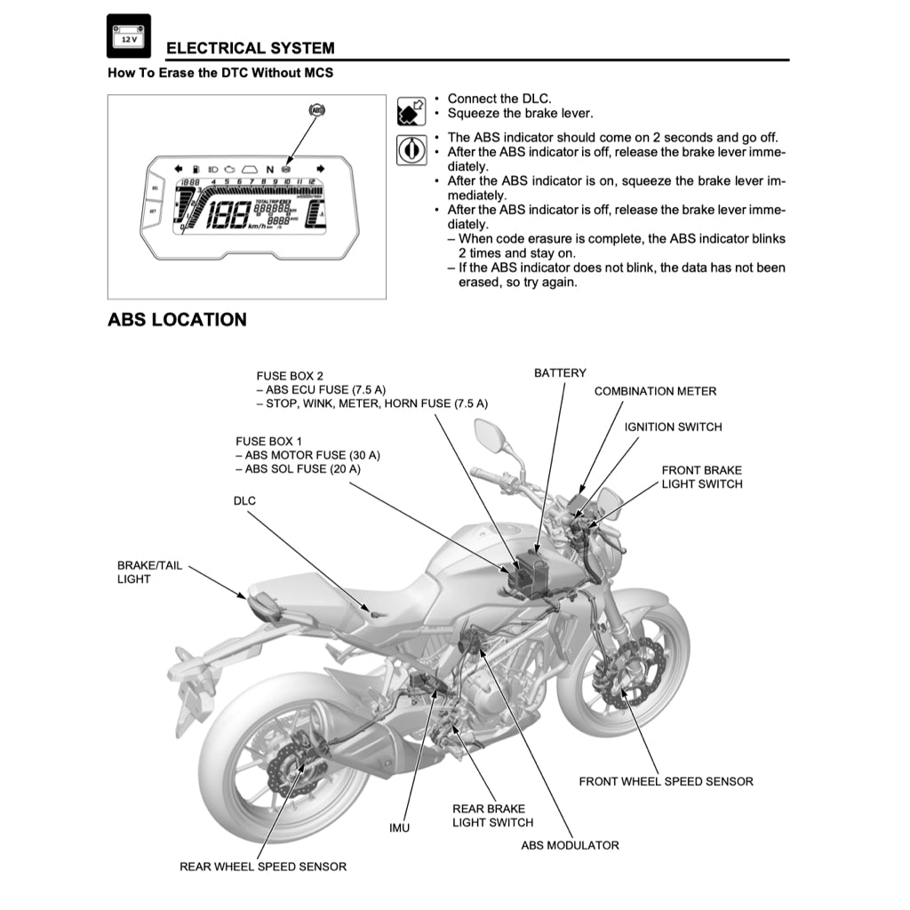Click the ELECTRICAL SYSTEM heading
[251, 48]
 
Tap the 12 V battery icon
[129, 36]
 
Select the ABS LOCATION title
[177, 319]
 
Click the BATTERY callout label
[560, 373]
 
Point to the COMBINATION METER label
[655, 391]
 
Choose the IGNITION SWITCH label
[673, 427]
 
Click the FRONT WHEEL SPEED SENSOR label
[666, 782]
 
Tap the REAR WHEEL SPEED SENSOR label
[263, 866]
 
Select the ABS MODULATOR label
[570, 845]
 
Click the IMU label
[400, 828]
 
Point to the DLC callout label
[244, 501]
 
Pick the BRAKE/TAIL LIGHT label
[149, 572]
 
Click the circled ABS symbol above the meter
[316, 111]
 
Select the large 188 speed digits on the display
[223, 215]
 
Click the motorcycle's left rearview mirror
[489, 435]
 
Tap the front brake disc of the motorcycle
[632, 673]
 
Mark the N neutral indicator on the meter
[270, 169]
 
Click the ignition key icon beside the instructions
[410, 150]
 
